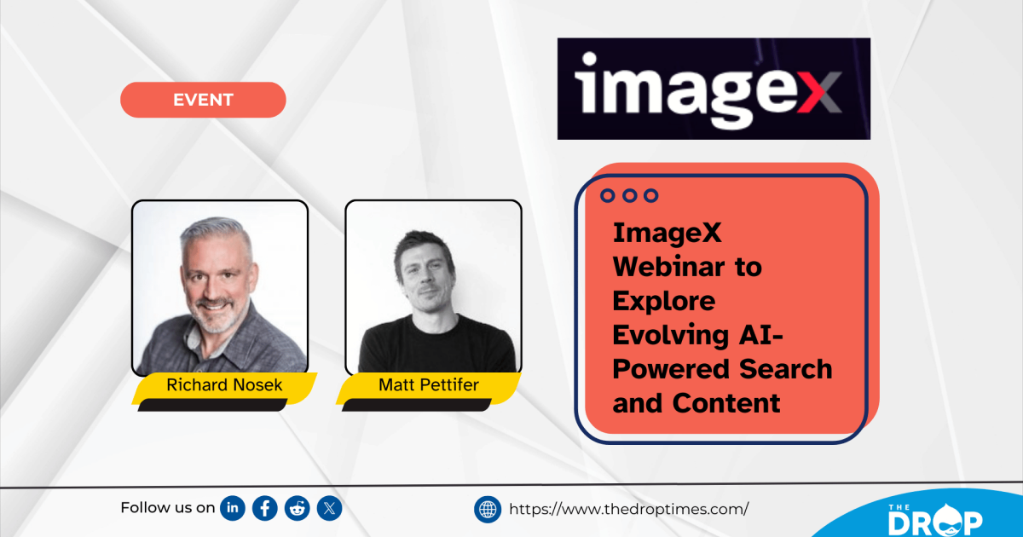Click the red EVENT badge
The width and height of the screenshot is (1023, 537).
pos(203,100)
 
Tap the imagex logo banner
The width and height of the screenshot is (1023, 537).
pos(714,89)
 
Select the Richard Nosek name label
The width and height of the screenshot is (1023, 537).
pos(224,385)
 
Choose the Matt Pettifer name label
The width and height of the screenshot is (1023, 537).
pos(429,385)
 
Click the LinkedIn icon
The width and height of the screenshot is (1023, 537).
pos(233,509)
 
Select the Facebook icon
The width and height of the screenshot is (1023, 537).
pos(265,509)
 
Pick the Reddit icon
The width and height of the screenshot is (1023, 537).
pos(298,509)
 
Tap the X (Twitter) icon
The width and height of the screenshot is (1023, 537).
pos(330,509)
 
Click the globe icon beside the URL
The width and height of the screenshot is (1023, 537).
pos(488,510)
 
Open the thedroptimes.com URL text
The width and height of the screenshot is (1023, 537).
pos(628,510)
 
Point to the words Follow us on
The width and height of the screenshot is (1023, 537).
pos(167,508)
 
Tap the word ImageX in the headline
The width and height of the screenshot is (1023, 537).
pos(668,233)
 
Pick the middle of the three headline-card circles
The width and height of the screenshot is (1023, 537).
pos(629,195)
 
